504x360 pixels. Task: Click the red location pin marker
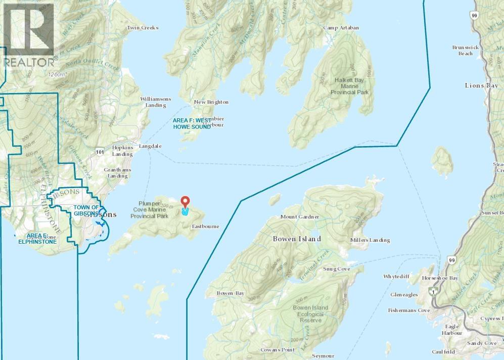tap(185, 203)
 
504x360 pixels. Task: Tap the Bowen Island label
tap(297, 238)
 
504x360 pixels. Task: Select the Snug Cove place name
tap(337, 269)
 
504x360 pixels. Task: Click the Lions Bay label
tap(481, 85)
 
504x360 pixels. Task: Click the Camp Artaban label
tap(341, 28)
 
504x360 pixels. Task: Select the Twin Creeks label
tap(143, 28)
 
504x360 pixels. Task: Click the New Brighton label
tap(211, 102)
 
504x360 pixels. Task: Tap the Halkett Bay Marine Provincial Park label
tap(350, 86)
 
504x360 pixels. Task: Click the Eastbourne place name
tap(205, 227)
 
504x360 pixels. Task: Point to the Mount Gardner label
tap(300, 217)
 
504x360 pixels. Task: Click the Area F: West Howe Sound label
tap(192, 123)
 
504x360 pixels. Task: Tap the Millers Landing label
tap(370, 240)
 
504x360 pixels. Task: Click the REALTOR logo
tap(28, 35)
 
